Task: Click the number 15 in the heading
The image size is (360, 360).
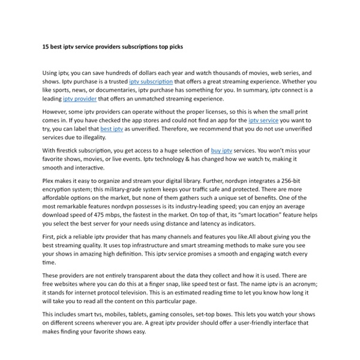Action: click(x=46, y=46)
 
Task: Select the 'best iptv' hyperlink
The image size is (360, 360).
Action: click(x=111, y=129)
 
